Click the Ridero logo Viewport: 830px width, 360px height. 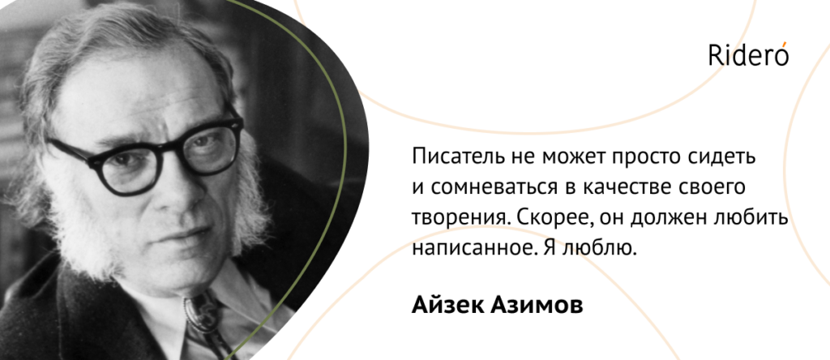point(748,54)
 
